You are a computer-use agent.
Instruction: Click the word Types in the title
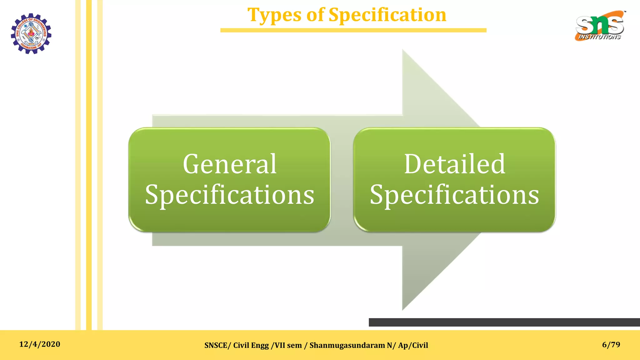point(274,15)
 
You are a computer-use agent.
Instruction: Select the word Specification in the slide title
point(387,15)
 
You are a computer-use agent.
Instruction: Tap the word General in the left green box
point(230,164)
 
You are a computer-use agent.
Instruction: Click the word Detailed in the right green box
point(454,164)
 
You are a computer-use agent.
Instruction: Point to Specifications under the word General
point(230,194)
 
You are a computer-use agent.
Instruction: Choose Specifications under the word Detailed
point(454,194)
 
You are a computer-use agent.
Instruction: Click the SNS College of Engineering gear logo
point(31,33)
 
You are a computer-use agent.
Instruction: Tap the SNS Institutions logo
point(600,26)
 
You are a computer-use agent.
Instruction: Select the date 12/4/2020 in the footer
point(40,344)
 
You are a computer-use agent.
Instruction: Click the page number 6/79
point(611,344)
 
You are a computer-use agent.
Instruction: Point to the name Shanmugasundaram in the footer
point(347,345)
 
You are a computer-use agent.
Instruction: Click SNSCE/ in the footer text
point(217,345)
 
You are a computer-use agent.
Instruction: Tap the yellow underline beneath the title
point(353,30)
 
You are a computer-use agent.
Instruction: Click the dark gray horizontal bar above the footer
point(504,322)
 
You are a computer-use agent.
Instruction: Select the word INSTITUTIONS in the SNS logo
point(599,37)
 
